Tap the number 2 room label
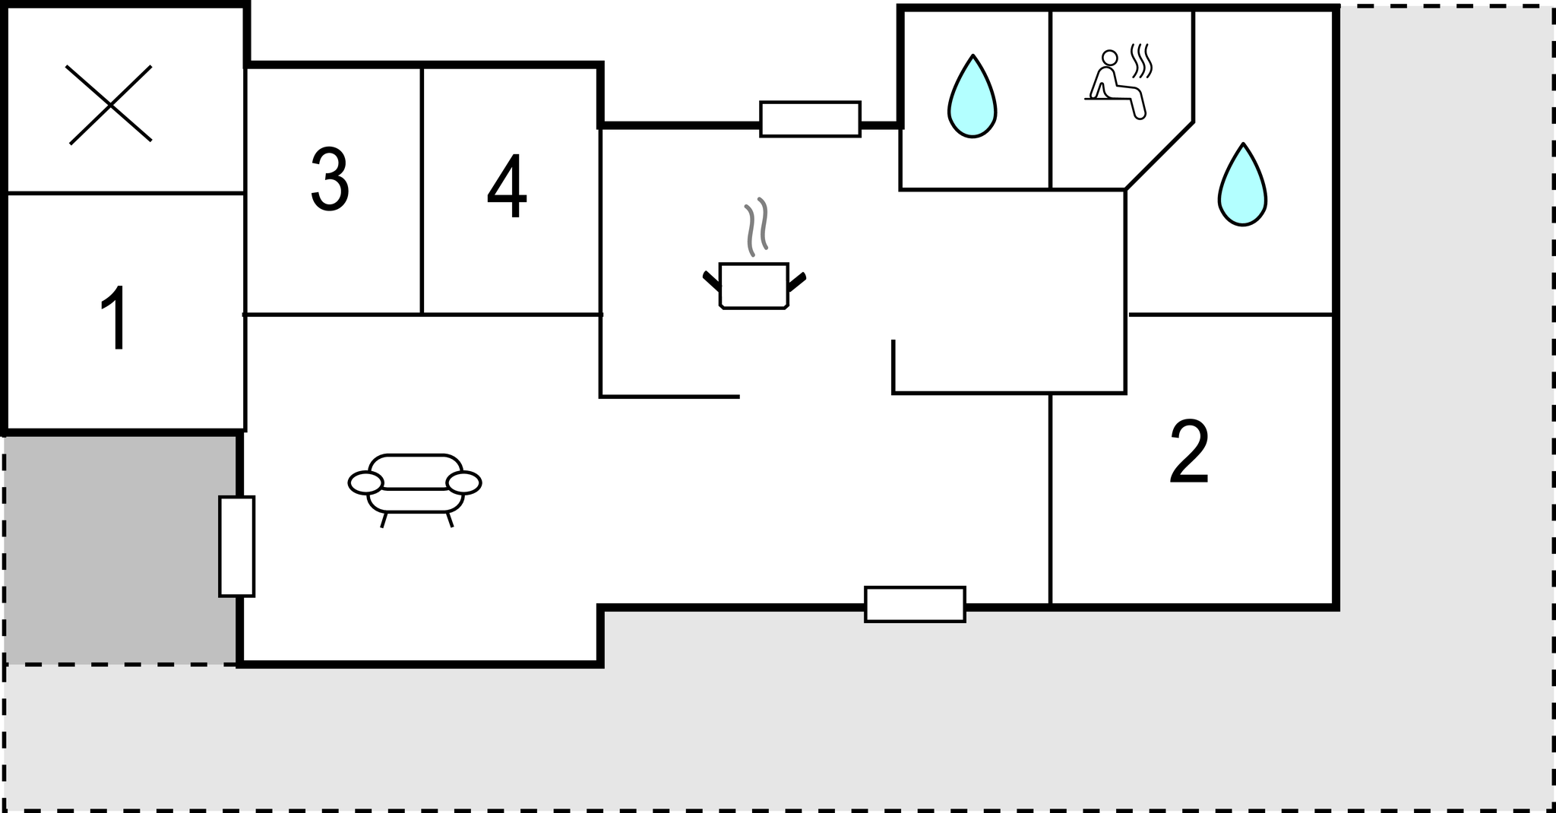1189,451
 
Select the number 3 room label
330,179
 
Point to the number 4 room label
507,185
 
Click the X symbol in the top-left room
110,105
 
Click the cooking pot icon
754,286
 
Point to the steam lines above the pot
757,226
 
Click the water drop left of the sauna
972,96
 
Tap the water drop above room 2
1242,185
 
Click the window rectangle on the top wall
811,119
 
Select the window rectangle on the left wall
237,546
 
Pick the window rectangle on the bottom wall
916,604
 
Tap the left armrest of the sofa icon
365,482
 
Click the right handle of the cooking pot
797,282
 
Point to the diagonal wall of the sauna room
1159,155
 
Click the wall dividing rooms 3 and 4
422,190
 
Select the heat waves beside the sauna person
1141,61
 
